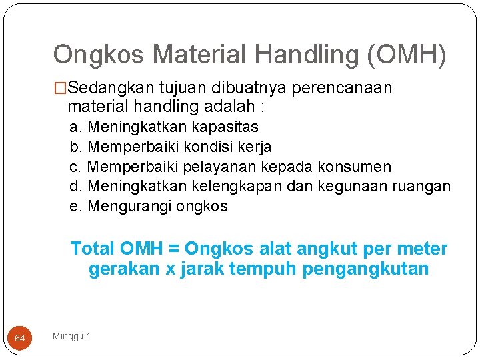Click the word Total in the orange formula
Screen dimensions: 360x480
[x=93, y=249]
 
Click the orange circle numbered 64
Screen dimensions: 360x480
[x=20, y=339]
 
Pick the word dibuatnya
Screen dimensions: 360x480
[x=239, y=88]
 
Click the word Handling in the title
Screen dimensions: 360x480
[x=288, y=55]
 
